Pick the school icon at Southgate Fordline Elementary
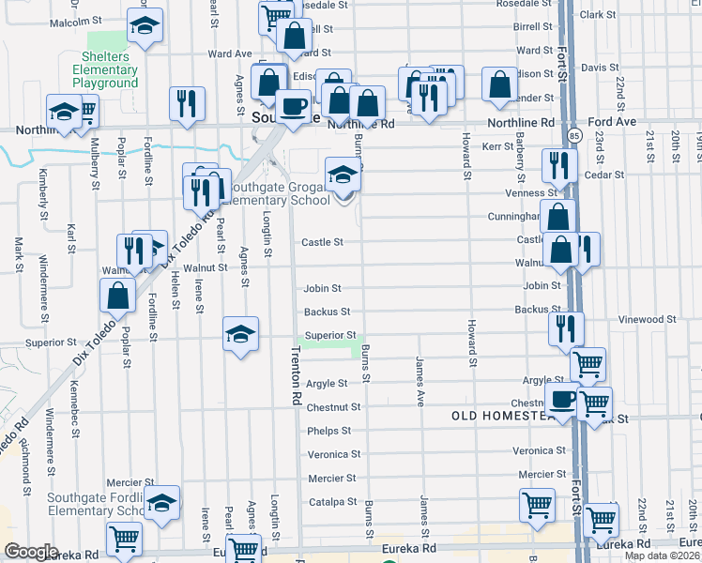162,504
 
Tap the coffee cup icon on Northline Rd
293,105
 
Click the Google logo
32,552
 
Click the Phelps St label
328,431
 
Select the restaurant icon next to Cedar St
558,166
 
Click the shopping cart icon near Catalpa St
536,505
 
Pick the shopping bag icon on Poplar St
118,297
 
